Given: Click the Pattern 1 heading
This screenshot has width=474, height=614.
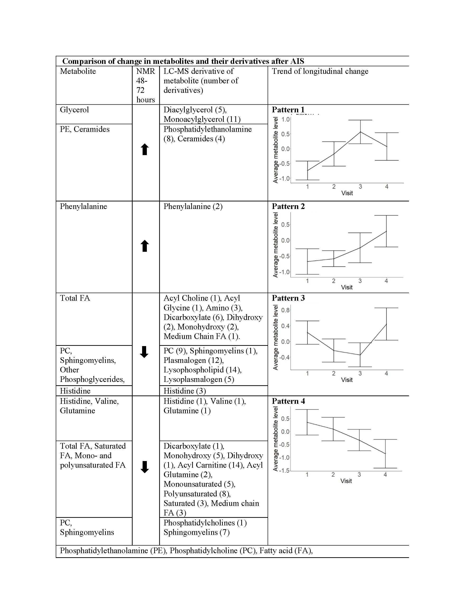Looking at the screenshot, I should [x=288, y=110].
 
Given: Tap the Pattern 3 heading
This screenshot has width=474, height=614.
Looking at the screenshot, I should [x=288, y=298].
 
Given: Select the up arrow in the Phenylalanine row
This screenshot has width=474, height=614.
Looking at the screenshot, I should [x=145, y=246].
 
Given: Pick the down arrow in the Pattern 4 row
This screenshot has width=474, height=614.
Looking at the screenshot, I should [x=145, y=467].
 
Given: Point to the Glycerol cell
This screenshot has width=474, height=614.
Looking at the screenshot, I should [x=74, y=110].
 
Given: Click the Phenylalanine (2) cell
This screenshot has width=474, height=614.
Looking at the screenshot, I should [x=193, y=206].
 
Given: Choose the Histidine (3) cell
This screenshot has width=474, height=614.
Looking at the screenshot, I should [x=185, y=391].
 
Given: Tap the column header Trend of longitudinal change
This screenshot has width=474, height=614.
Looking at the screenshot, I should [x=320, y=71].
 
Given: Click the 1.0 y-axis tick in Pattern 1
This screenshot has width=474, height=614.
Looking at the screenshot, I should [x=285, y=119].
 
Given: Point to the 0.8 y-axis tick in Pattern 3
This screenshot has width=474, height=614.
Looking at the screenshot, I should [x=285, y=310].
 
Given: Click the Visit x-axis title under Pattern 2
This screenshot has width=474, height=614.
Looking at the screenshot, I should [x=347, y=287].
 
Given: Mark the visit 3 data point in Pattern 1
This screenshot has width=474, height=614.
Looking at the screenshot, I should [x=360, y=132].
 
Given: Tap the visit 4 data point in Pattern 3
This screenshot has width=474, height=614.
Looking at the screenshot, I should [x=386, y=324].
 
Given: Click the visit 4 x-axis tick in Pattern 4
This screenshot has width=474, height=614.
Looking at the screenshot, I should [x=385, y=475].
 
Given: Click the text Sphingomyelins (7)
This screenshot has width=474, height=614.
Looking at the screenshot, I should [x=197, y=532].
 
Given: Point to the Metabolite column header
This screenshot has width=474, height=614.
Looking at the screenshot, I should [x=78, y=71].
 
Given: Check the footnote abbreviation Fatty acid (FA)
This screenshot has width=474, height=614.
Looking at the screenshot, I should [x=286, y=551].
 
